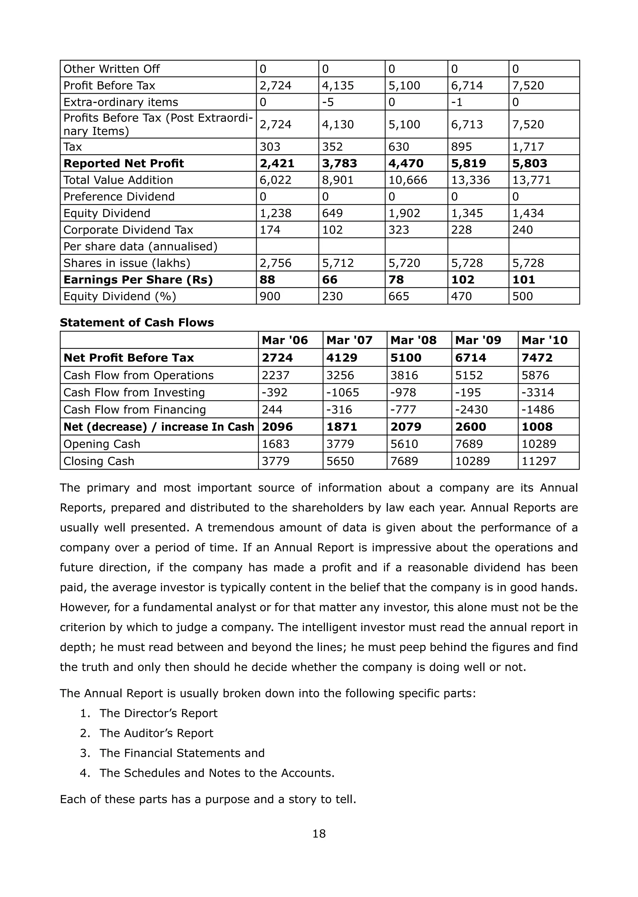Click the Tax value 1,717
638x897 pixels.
(x=528, y=147)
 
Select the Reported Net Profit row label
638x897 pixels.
(x=123, y=164)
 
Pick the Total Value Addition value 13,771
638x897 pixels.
(x=531, y=180)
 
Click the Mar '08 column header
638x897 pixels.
(x=413, y=340)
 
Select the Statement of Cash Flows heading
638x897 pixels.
(x=137, y=322)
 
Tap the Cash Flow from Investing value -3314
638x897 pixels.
(x=537, y=392)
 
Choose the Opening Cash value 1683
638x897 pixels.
(x=275, y=444)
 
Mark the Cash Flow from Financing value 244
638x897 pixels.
(x=272, y=410)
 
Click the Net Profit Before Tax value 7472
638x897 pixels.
(x=537, y=358)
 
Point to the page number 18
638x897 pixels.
(x=319, y=833)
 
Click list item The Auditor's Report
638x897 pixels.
(x=156, y=733)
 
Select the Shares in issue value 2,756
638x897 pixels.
(x=275, y=263)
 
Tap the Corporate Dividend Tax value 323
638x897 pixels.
(x=399, y=230)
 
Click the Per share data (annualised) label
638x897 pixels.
(x=140, y=247)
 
